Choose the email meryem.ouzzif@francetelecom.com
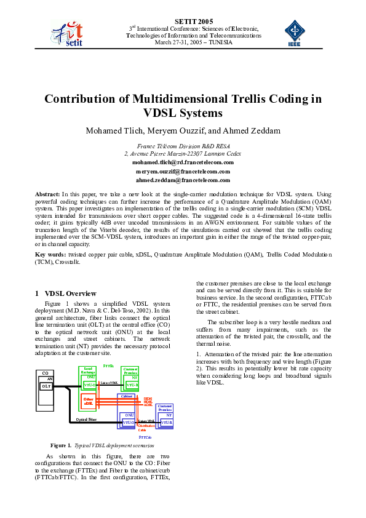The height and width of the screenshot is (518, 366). click(183, 171)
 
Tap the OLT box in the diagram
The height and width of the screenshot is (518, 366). click(46, 386)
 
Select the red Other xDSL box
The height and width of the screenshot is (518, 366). click(88, 400)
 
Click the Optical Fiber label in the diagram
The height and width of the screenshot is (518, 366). click(86, 419)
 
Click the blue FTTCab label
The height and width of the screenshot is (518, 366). click(145, 436)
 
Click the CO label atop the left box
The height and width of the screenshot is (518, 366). click(45, 373)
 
